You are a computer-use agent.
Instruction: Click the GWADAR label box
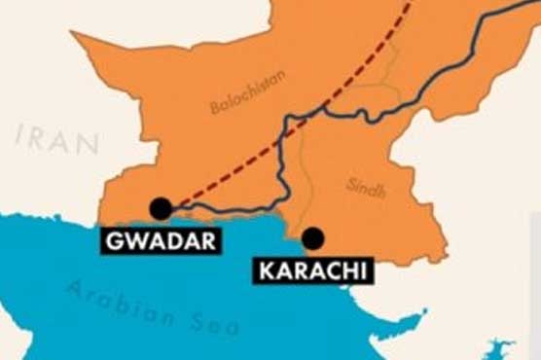tap(160, 240)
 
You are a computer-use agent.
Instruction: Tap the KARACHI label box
tap(312, 270)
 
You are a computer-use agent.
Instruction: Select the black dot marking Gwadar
tap(161, 207)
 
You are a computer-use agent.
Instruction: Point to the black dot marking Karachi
tap(312, 237)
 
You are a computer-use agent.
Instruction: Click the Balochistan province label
tap(247, 91)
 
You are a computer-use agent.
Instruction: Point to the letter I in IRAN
tap(22, 137)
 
